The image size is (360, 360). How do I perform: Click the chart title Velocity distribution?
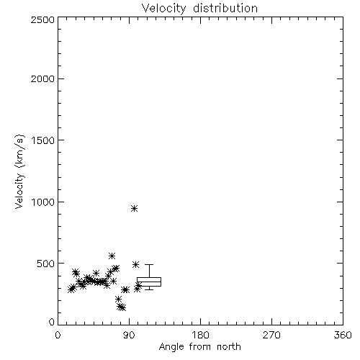pyautogui.click(x=199, y=9)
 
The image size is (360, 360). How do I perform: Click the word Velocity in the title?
pyautogui.click(x=163, y=9)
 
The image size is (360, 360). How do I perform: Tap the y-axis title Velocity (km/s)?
pyautogui.click(x=19, y=171)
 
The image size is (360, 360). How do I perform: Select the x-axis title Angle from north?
pyautogui.click(x=199, y=346)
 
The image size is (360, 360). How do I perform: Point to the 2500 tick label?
pyautogui.click(x=42, y=19)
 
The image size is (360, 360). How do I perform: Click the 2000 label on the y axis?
pyautogui.click(x=42, y=78)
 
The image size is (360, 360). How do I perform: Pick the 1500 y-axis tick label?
pyautogui.click(x=43, y=140)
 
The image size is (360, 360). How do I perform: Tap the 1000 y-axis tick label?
pyautogui.click(x=43, y=202)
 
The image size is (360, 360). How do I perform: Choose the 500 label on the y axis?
pyautogui.click(x=46, y=264)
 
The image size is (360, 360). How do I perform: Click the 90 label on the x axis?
pyautogui.click(x=129, y=335)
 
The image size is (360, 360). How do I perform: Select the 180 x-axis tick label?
pyautogui.click(x=200, y=335)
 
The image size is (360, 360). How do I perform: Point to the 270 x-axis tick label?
pyautogui.click(x=271, y=335)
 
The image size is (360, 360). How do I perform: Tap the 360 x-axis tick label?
pyautogui.click(x=343, y=335)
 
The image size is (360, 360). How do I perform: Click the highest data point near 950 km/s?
pyautogui.click(x=135, y=208)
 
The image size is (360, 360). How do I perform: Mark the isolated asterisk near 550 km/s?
pyautogui.click(x=112, y=256)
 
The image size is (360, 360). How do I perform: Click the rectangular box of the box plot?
pyautogui.click(x=149, y=278)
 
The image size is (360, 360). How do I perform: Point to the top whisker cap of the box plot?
pyautogui.click(x=149, y=264)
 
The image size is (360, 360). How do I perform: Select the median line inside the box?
pyautogui.click(x=149, y=282)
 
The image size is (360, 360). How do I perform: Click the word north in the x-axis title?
pyautogui.click(x=229, y=346)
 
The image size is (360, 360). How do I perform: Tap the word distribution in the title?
pyautogui.click(x=225, y=9)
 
